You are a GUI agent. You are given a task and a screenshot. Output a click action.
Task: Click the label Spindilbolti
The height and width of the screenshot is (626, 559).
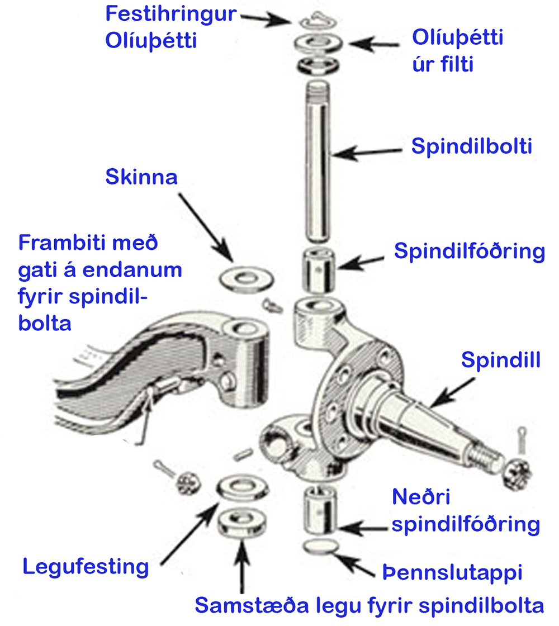pyautogui.click(x=471, y=147)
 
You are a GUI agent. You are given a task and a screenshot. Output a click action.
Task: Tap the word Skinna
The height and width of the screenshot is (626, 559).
pyautogui.click(x=141, y=178)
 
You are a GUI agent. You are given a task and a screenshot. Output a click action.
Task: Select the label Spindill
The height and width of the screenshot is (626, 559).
pyautogui.click(x=500, y=360)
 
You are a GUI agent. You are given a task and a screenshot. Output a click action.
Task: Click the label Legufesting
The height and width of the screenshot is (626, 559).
pyautogui.click(x=86, y=567)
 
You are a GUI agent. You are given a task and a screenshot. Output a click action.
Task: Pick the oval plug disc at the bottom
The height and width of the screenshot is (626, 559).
pyautogui.click(x=321, y=546)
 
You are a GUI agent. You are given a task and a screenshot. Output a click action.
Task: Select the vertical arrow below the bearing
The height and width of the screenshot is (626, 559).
pyautogui.click(x=241, y=565)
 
